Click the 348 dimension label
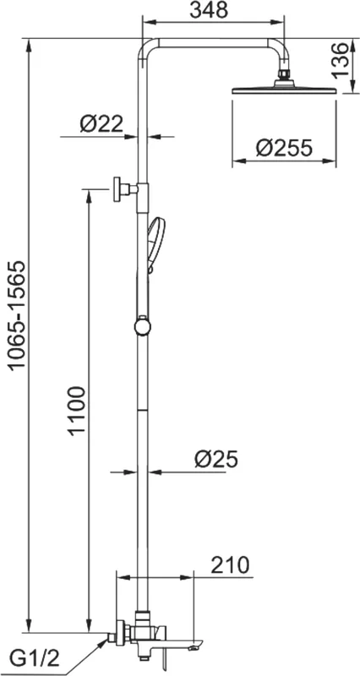(209, 10)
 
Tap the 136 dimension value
(341, 60)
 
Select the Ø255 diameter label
(283, 149)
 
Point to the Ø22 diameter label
(101, 124)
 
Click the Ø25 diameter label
(216, 460)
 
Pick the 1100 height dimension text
(77, 411)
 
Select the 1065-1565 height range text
(19, 315)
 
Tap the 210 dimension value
(230, 565)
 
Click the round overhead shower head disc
(284, 90)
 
